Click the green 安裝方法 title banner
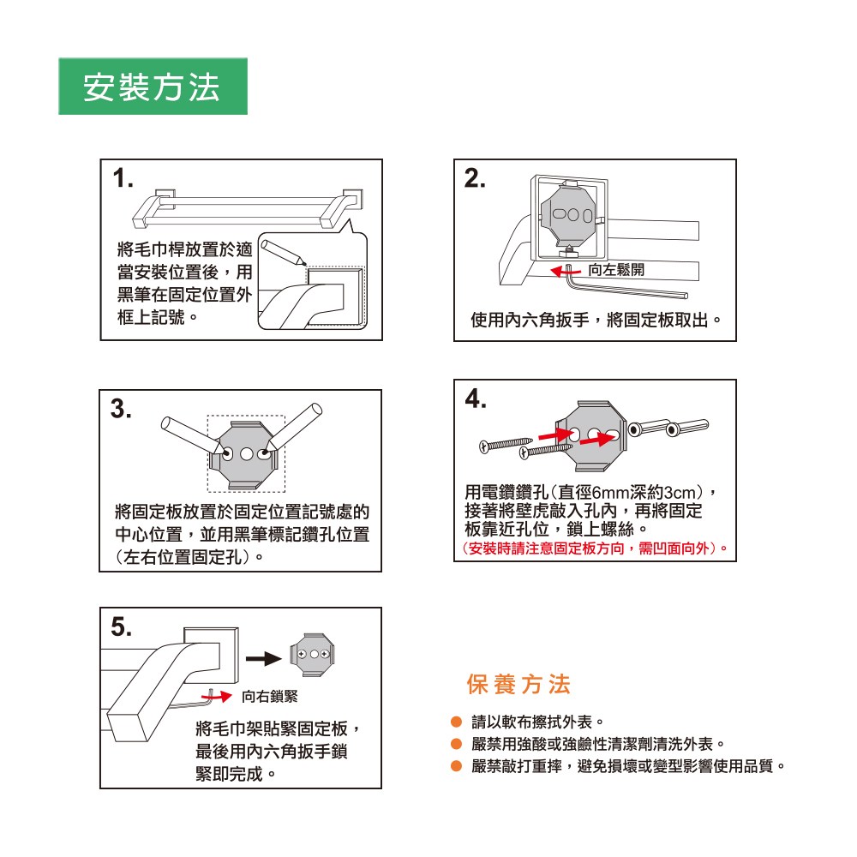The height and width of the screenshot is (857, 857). click(153, 87)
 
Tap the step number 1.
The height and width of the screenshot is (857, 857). click(123, 178)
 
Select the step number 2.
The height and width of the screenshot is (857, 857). click(475, 178)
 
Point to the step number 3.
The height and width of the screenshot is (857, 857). click(121, 409)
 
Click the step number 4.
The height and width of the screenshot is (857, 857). click(476, 399)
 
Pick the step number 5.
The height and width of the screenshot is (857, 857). click(122, 627)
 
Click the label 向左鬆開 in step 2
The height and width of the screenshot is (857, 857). click(616, 270)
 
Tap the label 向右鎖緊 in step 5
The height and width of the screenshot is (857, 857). click(270, 696)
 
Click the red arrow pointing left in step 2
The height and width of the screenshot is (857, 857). click(566, 271)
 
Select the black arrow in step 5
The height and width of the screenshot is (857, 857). click(263, 658)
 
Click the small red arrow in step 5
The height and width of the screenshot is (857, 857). click(217, 696)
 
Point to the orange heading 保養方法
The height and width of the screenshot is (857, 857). click(518, 684)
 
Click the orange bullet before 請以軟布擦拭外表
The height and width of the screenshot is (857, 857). click(457, 722)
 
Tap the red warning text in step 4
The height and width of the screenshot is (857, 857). click(595, 548)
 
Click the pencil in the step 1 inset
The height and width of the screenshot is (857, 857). click(283, 253)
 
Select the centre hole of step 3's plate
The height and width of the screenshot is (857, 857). click(247, 454)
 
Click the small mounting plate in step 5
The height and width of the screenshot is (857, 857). click(312, 655)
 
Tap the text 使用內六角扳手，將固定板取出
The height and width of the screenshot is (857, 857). click(596, 320)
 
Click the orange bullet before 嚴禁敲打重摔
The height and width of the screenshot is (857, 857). click(457, 766)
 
